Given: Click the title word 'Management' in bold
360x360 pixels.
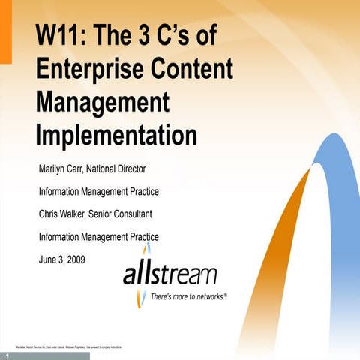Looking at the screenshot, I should click(x=102, y=103).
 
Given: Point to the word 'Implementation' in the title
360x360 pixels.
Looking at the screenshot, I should click(x=116, y=135).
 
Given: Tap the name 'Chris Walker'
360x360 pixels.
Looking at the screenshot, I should click(x=62, y=214).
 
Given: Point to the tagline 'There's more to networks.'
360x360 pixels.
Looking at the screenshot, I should click(x=188, y=297).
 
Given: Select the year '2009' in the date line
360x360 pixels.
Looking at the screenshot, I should click(x=74, y=259).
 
